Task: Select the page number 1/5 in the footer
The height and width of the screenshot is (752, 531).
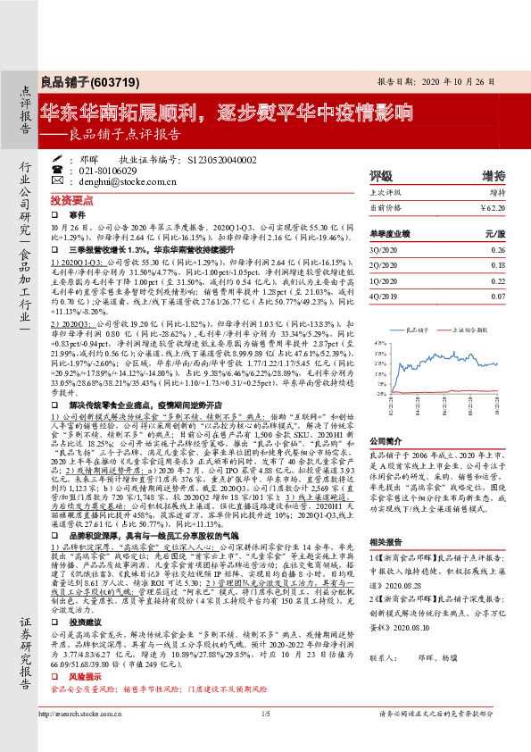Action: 265,739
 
